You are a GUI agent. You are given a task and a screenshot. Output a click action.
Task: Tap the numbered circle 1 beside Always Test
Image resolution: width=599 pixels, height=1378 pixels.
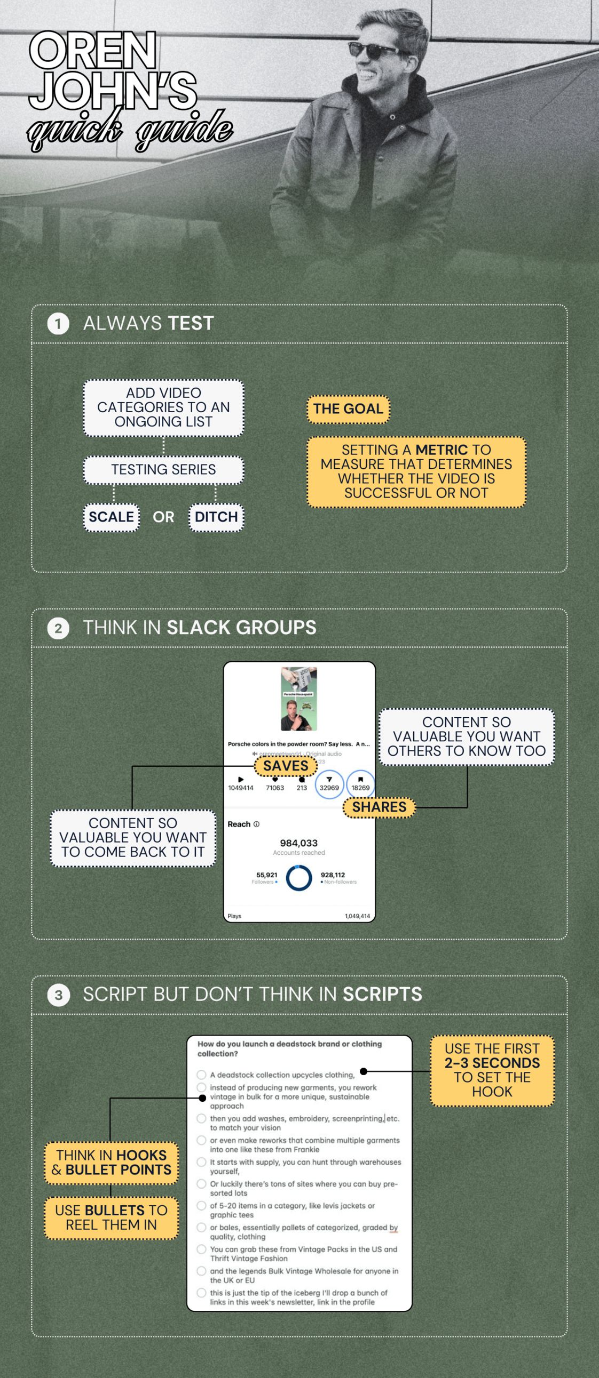(x=58, y=324)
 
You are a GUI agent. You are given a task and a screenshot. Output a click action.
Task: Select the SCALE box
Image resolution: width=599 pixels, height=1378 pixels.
(x=112, y=517)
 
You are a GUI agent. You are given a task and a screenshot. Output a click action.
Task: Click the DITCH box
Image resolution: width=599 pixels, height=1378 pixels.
(x=216, y=517)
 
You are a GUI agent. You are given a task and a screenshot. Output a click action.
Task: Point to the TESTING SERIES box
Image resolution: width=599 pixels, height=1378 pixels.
(x=163, y=470)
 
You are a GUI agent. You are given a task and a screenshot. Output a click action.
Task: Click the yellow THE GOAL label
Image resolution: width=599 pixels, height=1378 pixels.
(x=348, y=408)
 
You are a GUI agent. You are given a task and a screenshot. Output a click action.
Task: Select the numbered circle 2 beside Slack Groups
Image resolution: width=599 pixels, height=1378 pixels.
(x=58, y=628)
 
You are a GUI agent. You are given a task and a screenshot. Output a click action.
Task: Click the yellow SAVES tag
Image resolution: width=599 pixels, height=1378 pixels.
(x=285, y=765)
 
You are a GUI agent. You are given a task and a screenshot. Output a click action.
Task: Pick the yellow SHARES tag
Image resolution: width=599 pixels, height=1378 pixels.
(x=379, y=807)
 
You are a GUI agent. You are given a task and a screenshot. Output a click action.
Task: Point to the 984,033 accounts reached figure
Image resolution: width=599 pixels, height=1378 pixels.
(x=298, y=843)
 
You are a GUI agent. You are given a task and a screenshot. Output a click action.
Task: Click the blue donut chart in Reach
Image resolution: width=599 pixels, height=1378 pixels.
(x=298, y=878)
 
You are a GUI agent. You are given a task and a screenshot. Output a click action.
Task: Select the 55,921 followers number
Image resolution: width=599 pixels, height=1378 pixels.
(x=266, y=875)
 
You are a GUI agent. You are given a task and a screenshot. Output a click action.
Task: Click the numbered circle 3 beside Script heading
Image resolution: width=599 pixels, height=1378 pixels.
(x=58, y=995)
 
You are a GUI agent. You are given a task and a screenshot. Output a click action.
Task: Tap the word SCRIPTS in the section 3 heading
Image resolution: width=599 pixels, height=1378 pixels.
(x=382, y=995)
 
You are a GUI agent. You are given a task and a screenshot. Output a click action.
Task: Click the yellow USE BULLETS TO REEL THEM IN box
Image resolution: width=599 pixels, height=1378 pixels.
(x=112, y=1217)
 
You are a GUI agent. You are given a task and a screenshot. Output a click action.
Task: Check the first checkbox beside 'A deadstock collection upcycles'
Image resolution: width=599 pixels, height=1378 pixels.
(x=201, y=1075)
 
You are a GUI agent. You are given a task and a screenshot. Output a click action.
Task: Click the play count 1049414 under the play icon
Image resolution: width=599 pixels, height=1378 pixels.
(x=240, y=788)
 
